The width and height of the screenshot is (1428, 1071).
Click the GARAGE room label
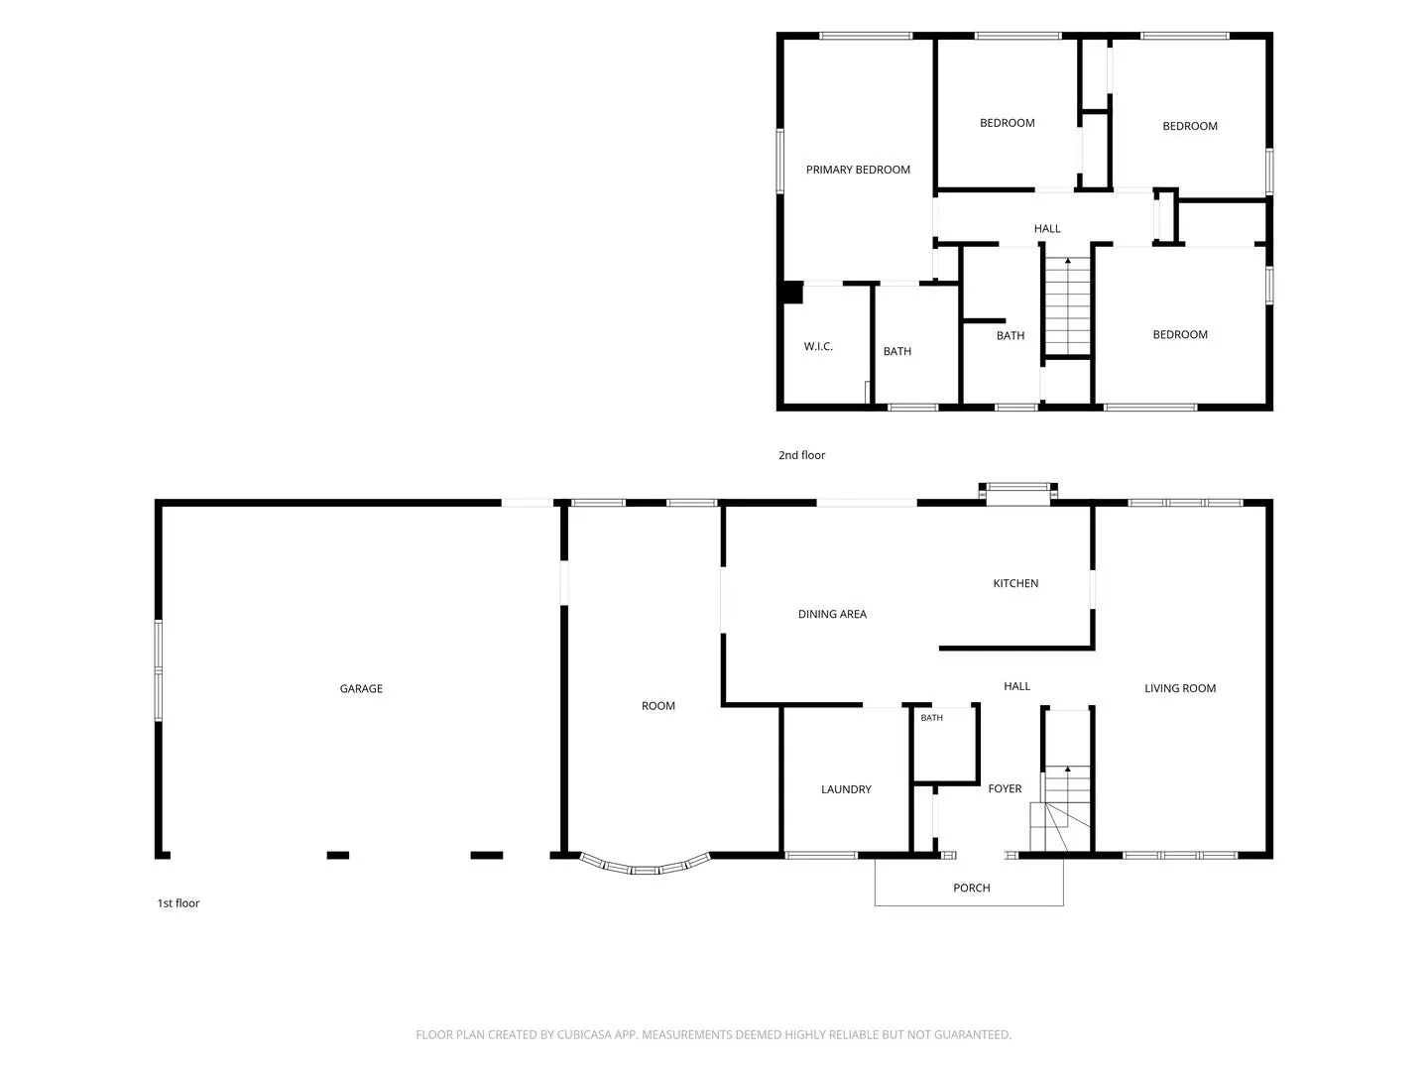click(361, 688)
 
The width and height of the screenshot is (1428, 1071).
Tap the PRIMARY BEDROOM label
click(858, 170)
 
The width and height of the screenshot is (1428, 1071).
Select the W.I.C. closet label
click(818, 347)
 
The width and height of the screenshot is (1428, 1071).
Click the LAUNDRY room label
click(846, 789)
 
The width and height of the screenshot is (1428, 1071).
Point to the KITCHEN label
click(1015, 583)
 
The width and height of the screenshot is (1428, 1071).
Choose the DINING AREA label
click(832, 614)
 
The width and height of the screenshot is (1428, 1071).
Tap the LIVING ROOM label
click(1179, 688)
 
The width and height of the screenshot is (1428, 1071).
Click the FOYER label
click(1005, 788)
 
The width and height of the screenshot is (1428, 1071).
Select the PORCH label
click(971, 888)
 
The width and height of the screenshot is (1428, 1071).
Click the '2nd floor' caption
click(801, 455)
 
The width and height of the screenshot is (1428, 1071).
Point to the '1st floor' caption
click(178, 902)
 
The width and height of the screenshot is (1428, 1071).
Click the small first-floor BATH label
click(931, 718)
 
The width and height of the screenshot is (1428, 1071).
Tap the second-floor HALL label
click(1047, 228)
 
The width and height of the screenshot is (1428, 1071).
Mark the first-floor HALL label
click(1016, 686)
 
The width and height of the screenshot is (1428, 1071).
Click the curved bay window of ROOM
click(644, 870)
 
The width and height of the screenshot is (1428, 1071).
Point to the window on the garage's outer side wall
click(158, 670)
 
